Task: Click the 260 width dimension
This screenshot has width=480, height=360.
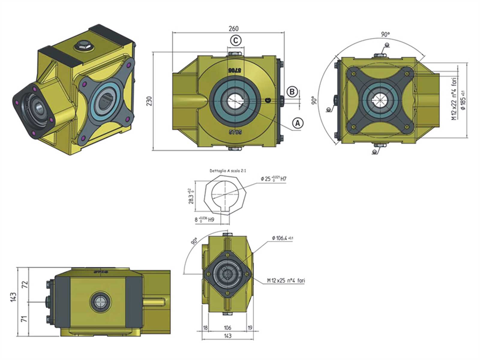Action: pyautogui.click(x=233, y=28)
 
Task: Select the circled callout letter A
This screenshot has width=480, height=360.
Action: pyautogui.click(x=298, y=122)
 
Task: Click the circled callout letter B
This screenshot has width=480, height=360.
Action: pyautogui.click(x=292, y=91)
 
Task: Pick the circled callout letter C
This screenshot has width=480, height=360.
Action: pyautogui.click(x=236, y=40)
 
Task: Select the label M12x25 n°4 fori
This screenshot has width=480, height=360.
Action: pyautogui.click(x=286, y=281)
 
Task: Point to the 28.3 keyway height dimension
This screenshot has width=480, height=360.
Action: pyautogui.click(x=190, y=196)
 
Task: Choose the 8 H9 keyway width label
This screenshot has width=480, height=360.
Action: pyautogui.click(x=204, y=219)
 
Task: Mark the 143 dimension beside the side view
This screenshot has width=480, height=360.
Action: pyautogui.click(x=13, y=297)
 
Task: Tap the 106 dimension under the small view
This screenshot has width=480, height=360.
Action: pyautogui.click(x=228, y=328)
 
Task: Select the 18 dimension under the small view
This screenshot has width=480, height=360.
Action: pyautogui.click(x=205, y=328)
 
